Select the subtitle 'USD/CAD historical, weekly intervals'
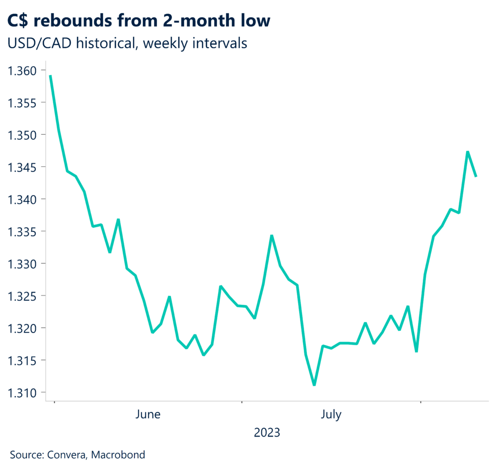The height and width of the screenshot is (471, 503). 127,43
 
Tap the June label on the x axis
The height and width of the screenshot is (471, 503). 147,415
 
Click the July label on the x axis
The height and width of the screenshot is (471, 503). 331,415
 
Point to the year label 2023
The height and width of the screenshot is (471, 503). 267,433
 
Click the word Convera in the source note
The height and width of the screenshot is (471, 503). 67,455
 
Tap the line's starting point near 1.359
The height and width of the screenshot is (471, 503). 51,76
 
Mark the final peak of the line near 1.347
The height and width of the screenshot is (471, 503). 468,151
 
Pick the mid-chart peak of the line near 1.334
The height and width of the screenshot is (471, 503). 272,235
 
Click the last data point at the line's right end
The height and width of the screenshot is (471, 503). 476,176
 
